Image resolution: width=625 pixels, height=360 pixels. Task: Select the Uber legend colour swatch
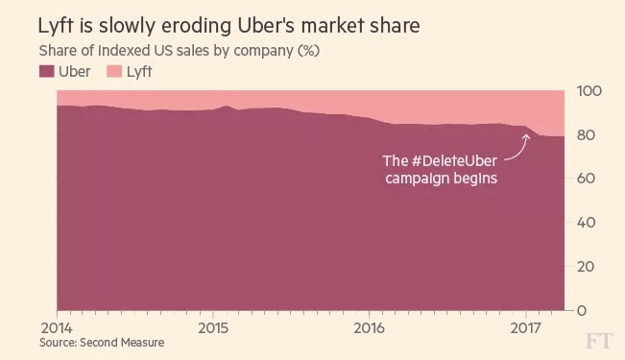[45, 71]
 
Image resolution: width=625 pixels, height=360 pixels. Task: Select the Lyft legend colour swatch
[111, 71]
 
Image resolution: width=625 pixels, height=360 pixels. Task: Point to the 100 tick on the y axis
[588, 91]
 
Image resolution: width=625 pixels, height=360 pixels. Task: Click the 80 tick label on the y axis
[588, 135]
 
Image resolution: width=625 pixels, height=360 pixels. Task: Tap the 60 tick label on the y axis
[588, 180]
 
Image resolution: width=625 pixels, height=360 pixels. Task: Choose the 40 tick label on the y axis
[588, 223]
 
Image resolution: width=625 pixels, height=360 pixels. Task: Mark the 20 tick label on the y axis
[588, 267]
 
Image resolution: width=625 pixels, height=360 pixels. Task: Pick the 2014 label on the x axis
[56, 327]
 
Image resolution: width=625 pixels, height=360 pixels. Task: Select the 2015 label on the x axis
[212, 327]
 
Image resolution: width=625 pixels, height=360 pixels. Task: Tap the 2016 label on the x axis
[369, 327]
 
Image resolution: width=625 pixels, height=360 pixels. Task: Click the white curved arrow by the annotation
[520, 147]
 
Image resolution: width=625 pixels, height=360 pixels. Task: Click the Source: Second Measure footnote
[101, 343]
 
